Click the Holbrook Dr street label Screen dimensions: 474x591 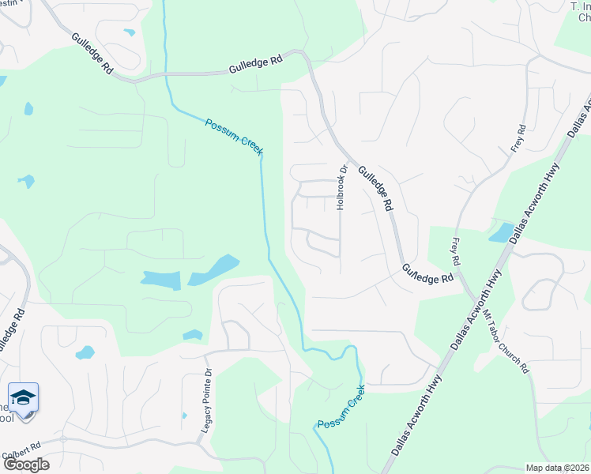343,187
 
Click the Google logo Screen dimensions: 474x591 26,465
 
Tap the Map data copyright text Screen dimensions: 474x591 557,468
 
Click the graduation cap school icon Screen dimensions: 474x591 24,397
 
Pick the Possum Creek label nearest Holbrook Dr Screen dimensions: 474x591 234,136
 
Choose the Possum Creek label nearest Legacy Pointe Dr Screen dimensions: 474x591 341,408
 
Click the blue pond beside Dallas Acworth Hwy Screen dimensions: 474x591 501,232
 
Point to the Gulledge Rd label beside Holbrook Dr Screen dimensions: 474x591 375,187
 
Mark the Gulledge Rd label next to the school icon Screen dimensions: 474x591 13,329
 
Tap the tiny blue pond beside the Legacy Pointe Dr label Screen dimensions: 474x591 184,415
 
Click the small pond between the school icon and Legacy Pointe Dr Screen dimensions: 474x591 85,352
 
